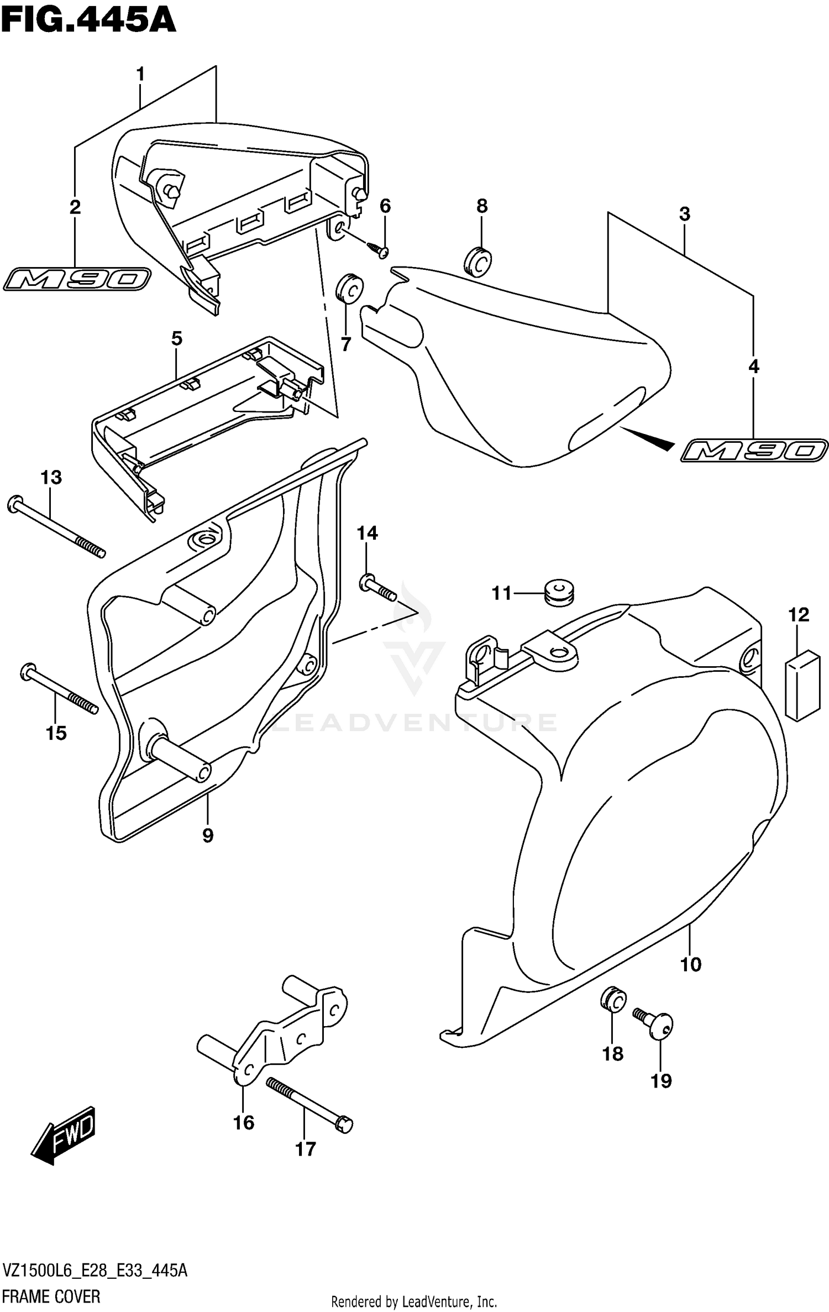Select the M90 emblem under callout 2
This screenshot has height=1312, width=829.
click(x=77, y=279)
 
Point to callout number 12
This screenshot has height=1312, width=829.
click(x=799, y=615)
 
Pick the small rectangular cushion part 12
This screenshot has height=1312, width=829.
click(x=802, y=685)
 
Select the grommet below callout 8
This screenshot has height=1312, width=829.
click(x=478, y=261)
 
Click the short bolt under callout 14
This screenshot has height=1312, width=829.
click(x=378, y=588)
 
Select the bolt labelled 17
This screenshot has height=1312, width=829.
click(x=309, y=1102)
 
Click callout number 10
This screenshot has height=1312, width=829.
click(x=690, y=965)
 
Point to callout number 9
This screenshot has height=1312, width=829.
click(x=207, y=835)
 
